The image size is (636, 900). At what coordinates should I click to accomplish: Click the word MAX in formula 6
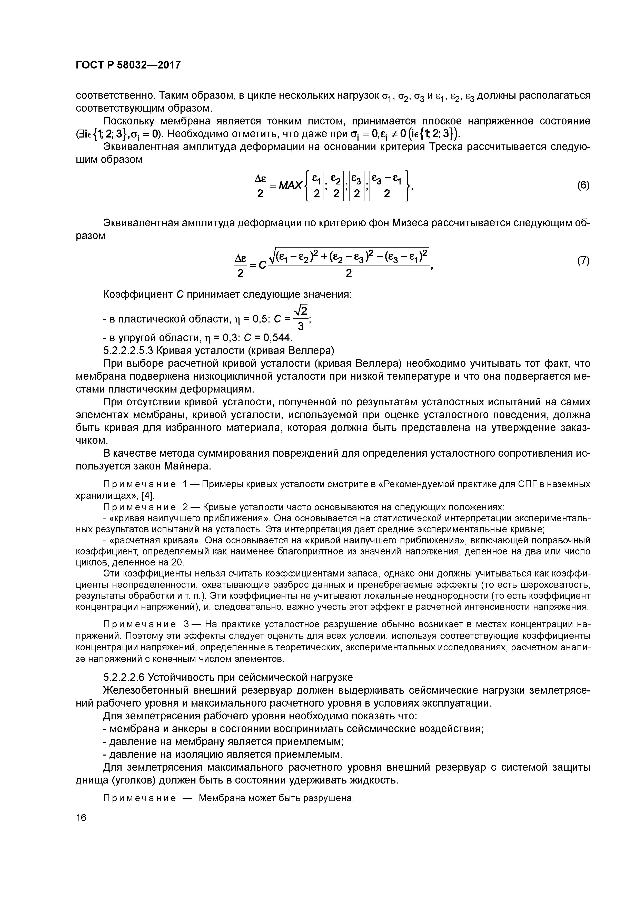tap(290, 185)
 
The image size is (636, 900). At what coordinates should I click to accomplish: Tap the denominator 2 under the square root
tap(348, 273)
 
